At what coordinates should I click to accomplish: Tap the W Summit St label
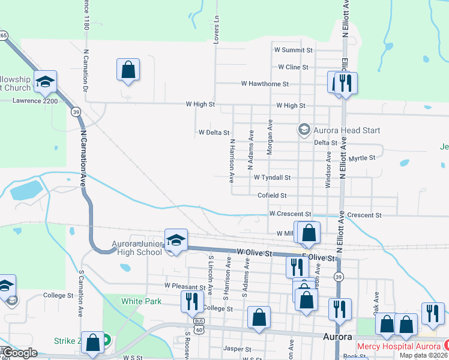294,50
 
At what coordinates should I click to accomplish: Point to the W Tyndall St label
272,178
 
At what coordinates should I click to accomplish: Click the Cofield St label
272,196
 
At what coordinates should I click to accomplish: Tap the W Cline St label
293,67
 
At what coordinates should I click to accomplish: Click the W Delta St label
214,132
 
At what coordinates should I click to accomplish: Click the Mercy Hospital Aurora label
399,346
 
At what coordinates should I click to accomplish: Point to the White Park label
141,302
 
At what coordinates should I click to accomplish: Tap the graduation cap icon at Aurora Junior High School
176,240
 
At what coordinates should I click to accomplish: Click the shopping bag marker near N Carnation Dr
128,70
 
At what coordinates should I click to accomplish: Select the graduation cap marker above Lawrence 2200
45,82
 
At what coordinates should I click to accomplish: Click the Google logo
20,353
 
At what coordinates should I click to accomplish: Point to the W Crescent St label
290,214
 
